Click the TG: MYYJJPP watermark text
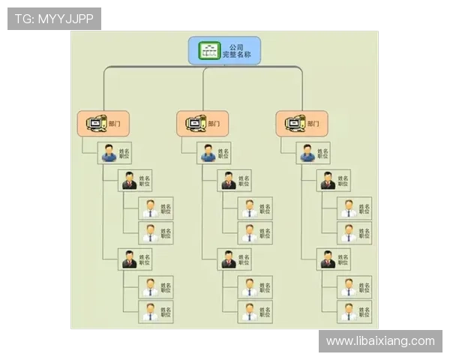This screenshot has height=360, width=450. (54, 19)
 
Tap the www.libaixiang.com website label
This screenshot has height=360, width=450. (380, 341)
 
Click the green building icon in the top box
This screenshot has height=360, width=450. (208, 51)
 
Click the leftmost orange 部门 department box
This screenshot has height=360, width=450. (103, 124)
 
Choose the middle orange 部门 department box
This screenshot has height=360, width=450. (202, 124)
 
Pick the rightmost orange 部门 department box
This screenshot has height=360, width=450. (302, 124)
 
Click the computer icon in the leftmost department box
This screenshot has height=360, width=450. (95, 124)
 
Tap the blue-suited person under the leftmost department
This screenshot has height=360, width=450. (109, 153)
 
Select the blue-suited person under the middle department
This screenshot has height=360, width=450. (208, 153)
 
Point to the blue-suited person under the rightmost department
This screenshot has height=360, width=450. (307, 153)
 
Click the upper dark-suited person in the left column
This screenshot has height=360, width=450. (129, 181)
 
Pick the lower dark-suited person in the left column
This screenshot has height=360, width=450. (129, 259)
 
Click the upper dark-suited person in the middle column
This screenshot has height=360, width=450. (229, 181)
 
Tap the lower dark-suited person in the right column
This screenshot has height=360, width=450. (328, 259)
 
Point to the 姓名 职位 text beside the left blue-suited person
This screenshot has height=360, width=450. (124, 153)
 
